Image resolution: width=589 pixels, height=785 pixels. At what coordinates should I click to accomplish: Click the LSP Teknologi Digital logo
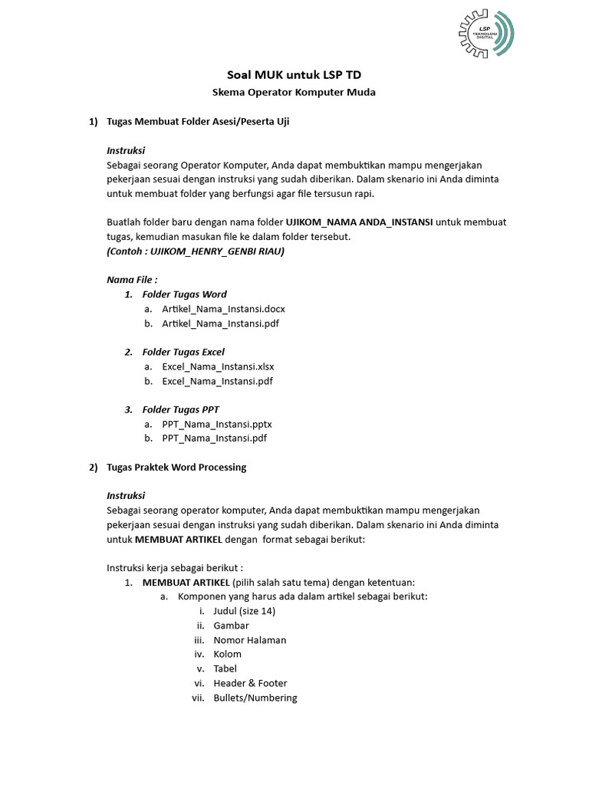(x=486, y=34)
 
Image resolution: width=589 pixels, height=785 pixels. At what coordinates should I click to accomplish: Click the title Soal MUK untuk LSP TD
(x=294, y=74)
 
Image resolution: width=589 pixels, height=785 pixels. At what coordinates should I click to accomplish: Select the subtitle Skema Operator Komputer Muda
(x=294, y=92)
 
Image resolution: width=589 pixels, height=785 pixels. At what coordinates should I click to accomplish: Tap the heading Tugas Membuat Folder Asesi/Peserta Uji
(x=198, y=121)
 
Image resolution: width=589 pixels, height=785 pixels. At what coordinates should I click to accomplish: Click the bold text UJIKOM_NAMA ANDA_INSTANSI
(x=359, y=222)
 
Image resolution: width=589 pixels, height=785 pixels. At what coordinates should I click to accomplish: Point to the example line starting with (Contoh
(x=196, y=251)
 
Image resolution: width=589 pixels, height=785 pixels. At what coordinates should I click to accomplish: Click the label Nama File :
(x=132, y=280)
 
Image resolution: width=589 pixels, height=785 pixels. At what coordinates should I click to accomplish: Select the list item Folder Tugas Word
(x=184, y=294)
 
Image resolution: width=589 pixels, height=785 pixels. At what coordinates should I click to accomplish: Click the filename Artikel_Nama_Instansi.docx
(x=223, y=309)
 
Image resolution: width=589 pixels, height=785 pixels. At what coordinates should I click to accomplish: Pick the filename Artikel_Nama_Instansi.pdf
(x=220, y=324)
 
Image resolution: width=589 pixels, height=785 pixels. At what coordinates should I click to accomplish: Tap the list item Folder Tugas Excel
(x=183, y=352)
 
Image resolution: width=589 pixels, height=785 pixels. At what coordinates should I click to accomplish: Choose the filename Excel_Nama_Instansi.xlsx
(x=218, y=366)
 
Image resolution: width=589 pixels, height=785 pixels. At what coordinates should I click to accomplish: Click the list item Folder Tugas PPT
(x=180, y=409)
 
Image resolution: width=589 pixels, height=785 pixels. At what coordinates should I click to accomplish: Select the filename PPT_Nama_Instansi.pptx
(x=217, y=424)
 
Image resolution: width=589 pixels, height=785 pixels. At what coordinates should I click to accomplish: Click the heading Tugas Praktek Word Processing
(x=176, y=467)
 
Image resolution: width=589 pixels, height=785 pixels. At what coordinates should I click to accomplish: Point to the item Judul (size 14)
(x=244, y=611)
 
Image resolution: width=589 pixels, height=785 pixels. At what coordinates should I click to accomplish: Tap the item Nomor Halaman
(x=249, y=640)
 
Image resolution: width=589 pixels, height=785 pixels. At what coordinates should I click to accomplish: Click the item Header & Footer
(x=250, y=683)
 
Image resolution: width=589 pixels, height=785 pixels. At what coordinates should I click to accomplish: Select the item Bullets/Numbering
(x=255, y=698)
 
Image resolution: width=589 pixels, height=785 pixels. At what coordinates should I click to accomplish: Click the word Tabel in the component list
(x=225, y=668)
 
